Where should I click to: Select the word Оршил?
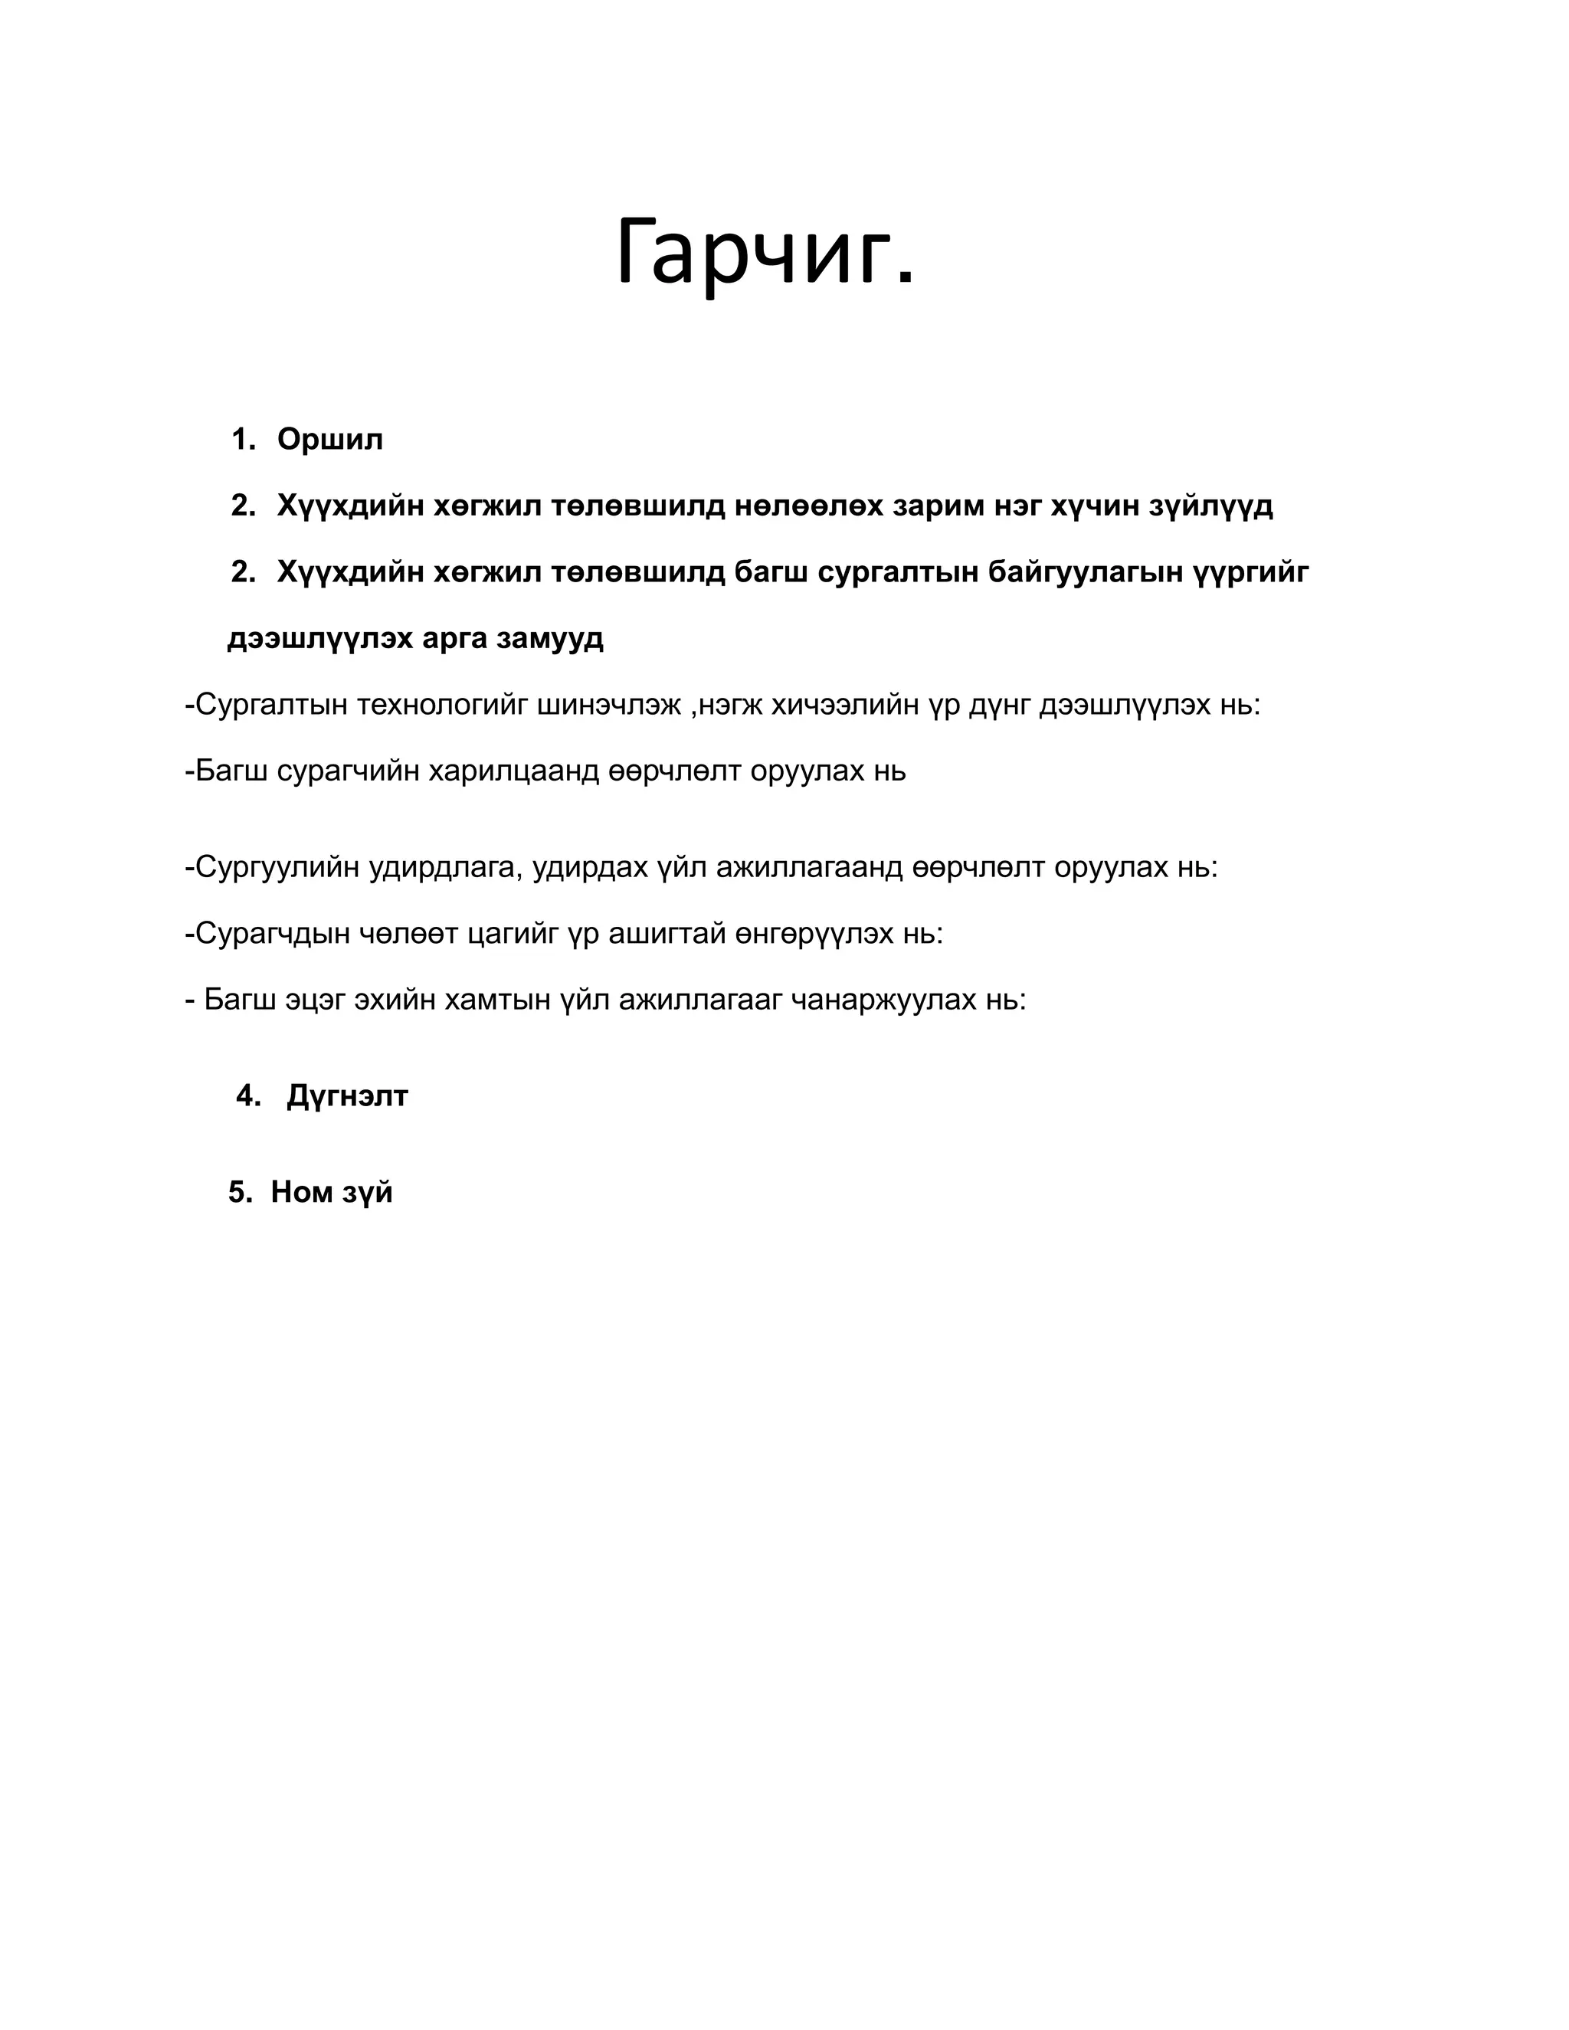330,440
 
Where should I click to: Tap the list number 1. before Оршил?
244,440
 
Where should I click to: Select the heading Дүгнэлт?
348,1097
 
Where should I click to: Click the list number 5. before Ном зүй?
240,1193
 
